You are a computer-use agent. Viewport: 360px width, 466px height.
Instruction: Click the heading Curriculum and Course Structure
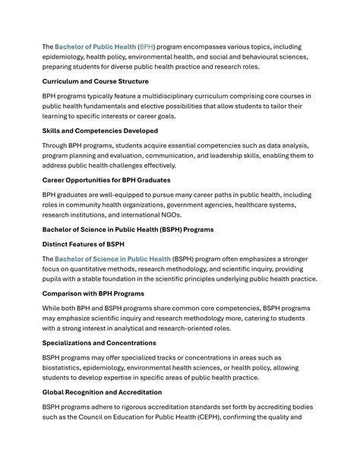click(95, 81)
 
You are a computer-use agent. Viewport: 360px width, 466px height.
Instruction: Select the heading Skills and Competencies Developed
click(100, 131)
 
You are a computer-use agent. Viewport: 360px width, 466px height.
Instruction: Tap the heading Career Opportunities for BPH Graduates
click(106, 180)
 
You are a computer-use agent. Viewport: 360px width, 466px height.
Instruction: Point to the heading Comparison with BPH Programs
click(93, 293)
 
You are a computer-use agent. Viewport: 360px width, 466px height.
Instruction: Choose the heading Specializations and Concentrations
click(99, 343)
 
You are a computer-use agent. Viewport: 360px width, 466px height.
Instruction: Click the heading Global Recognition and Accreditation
click(102, 392)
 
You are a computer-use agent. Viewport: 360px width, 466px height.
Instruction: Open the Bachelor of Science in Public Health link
click(112, 258)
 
